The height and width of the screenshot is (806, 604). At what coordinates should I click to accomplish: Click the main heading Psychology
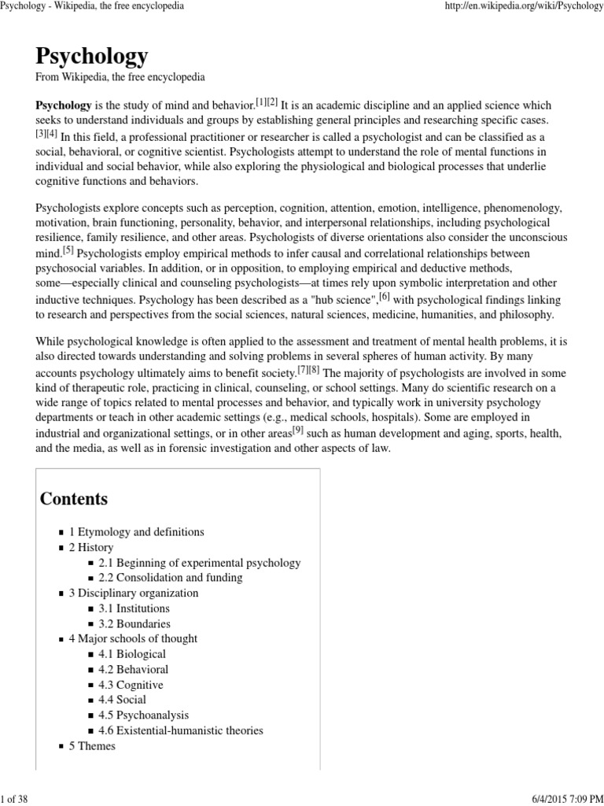click(x=91, y=56)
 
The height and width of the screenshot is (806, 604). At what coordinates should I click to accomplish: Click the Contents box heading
click(x=74, y=498)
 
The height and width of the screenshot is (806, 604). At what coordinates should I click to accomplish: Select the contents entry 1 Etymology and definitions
click(x=136, y=532)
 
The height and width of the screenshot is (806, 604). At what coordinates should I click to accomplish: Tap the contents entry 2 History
click(x=91, y=547)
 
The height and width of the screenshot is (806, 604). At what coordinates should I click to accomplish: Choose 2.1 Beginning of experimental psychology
click(x=199, y=563)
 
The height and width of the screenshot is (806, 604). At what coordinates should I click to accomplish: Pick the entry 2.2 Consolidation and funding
click(x=170, y=578)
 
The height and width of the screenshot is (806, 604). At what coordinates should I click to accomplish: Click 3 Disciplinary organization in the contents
click(x=134, y=593)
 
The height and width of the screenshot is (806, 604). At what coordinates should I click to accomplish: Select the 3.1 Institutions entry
click(x=134, y=608)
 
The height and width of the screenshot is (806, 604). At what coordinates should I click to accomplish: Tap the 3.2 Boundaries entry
click(x=134, y=623)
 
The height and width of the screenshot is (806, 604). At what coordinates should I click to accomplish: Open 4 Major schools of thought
click(x=133, y=638)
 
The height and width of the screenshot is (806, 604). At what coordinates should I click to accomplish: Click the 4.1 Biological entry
click(x=132, y=654)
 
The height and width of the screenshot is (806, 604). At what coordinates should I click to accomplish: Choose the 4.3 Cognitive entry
click(x=131, y=685)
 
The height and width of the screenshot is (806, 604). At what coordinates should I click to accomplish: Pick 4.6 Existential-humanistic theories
click(x=181, y=730)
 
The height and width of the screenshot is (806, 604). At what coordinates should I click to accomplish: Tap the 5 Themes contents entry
click(x=92, y=745)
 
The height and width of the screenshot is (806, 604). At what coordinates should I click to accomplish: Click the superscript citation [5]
click(x=68, y=250)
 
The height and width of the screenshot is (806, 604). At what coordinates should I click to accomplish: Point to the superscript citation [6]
click(x=385, y=296)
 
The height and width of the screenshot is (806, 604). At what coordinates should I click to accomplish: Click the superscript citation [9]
click(x=297, y=430)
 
